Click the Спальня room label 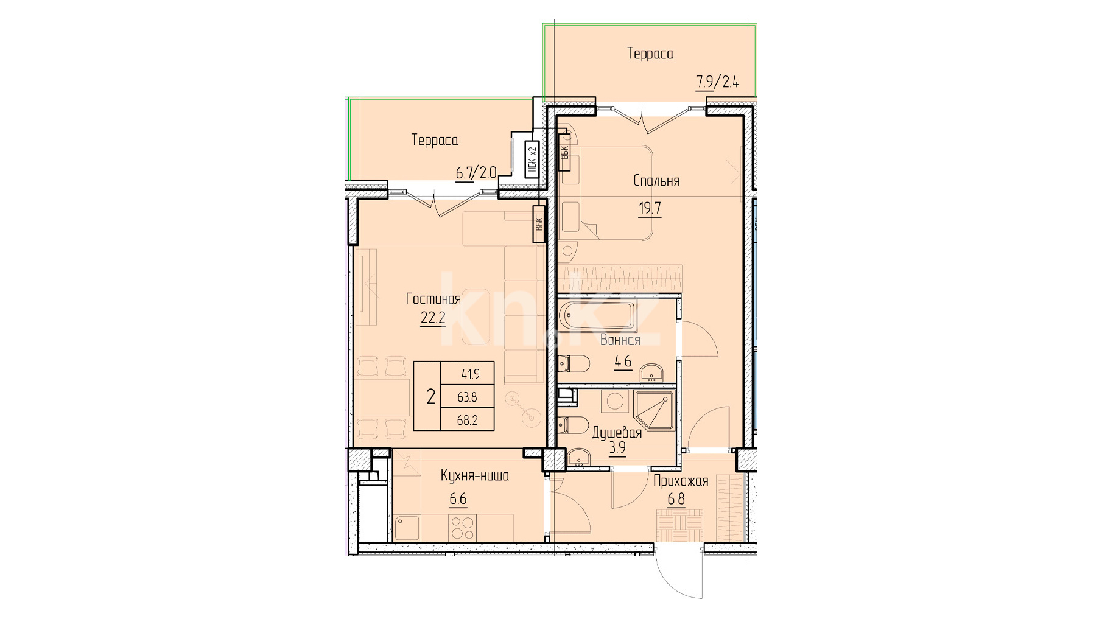point(656,181)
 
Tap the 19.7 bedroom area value point(650,208)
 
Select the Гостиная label point(433,299)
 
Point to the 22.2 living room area point(433,318)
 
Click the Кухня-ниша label point(475,475)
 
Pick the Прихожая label point(681,481)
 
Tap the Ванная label point(620,340)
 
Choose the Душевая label point(617,433)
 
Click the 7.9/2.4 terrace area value point(717,82)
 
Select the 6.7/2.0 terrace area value point(476,173)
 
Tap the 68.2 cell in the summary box point(467,420)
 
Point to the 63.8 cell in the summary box point(467,397)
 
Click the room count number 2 point(431,397)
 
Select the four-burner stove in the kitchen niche point(463,527)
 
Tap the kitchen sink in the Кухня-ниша point(407,528)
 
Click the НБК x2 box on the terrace point(532,159)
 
